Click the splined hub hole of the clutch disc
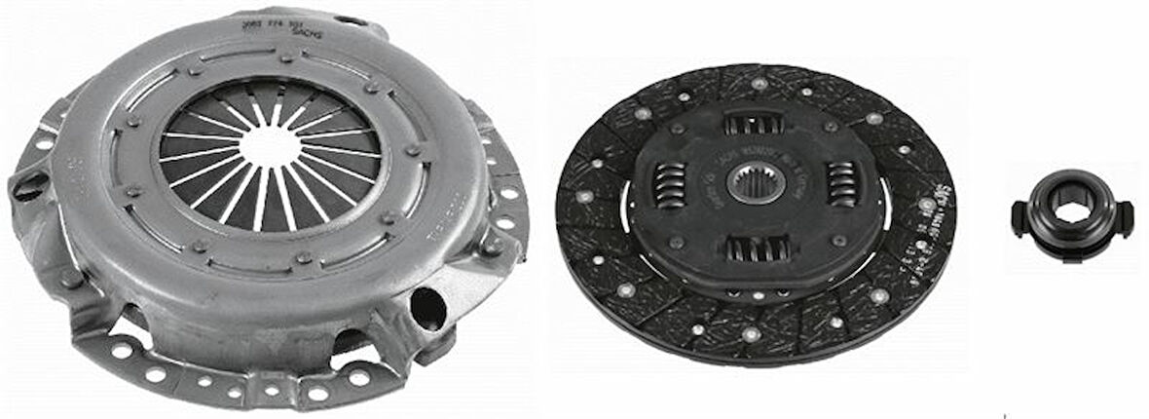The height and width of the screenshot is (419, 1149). pyautogui.click(x=755, y=183)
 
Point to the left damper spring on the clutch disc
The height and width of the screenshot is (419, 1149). pyautogui.click(x=668, y=185)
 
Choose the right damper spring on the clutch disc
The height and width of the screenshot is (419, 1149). pyautogui.click(x=840, y=183)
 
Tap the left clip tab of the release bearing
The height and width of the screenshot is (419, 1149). pyautogui.click(x=1019, y=215)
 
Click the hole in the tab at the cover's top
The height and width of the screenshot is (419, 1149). pyautogui.click(x=350, y=19)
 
